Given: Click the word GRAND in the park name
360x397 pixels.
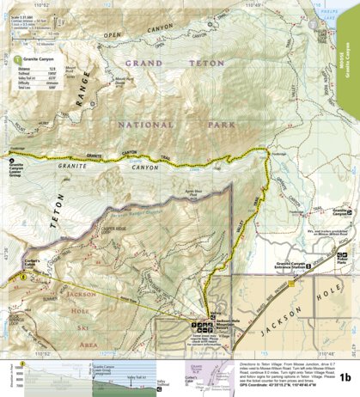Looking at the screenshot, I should point(143,64).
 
